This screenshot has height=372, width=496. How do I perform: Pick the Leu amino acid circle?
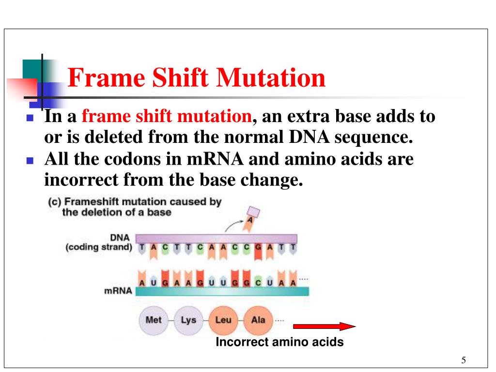[x=223, y=320]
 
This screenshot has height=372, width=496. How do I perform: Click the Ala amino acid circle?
[x=258, y=320]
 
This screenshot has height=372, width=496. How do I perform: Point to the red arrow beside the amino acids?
[x=324, y=327]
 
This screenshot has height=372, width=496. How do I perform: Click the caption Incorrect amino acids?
[x=279, y=342]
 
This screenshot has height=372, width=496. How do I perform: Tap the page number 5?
[x=464, y=360]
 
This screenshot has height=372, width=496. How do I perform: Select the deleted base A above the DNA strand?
[x=251, y=218]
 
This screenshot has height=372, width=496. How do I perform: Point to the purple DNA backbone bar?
[x=216, y=238]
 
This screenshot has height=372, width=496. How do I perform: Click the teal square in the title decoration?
[x=32, y=69]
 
